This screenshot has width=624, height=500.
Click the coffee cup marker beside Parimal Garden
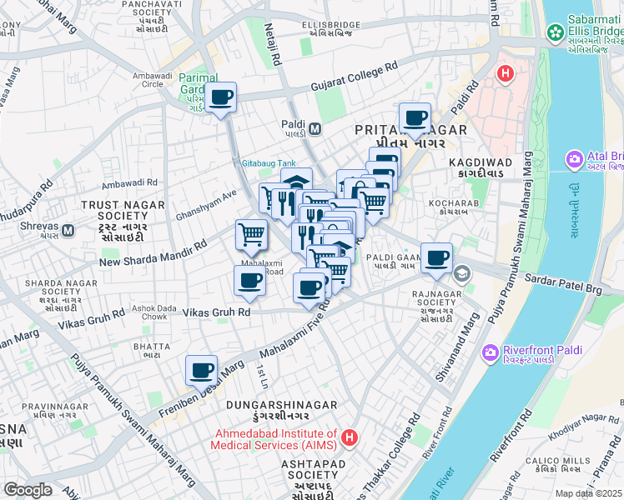tap(221, 98)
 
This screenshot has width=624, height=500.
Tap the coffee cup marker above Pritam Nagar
tap(415, 119)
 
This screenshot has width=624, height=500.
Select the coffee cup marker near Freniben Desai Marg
tap(200, 371)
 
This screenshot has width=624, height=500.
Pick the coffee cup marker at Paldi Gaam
tap(435, 258)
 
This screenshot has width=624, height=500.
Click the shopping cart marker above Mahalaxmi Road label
tap(251, 236)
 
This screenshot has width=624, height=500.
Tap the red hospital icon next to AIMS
tap(350, 436)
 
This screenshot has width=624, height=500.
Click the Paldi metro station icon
tap(315, 129)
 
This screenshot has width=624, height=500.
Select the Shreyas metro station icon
tap(68, 230)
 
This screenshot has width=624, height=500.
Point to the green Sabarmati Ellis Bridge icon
tap(555, 32)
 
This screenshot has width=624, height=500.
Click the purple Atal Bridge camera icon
tap(574, 158)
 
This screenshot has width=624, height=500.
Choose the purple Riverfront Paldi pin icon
tap(490, 353)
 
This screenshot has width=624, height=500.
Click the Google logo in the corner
tap(28, 490)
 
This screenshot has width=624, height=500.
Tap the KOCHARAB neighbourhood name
tap(451, 202)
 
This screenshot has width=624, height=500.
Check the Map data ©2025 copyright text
tap(589, 493)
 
